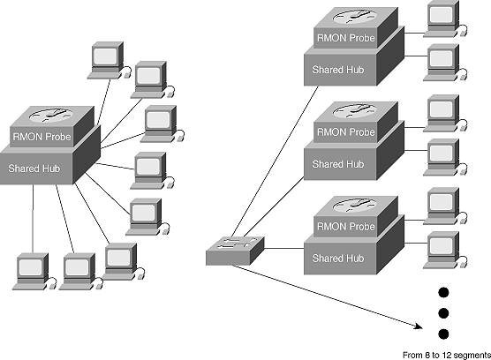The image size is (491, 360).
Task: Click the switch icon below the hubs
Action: (x=235, y=251)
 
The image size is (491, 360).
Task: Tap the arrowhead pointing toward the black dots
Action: (x=419, y=326)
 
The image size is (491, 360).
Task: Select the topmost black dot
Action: (x=443, y=292)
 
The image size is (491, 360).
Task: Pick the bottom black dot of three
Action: (x=443, y=334)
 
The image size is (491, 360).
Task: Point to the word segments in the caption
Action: (x=472, y=356)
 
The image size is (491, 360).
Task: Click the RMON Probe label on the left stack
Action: (x=42, y=137)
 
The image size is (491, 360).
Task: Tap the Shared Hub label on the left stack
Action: (x=34, y=169)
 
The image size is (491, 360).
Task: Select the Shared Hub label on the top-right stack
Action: (x=338, y=70)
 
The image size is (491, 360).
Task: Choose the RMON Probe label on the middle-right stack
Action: (x=345, y=132)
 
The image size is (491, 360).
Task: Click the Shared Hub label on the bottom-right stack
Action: (x=338, y=258)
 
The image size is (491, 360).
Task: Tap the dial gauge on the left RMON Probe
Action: (x=50, y=115)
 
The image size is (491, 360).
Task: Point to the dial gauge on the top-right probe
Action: (x=354, y=16)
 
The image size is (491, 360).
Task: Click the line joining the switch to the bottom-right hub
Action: (x=284, y=249)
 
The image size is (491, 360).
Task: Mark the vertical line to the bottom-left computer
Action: (x=33, y=219)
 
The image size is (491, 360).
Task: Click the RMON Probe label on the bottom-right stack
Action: (x=345, y=227)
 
